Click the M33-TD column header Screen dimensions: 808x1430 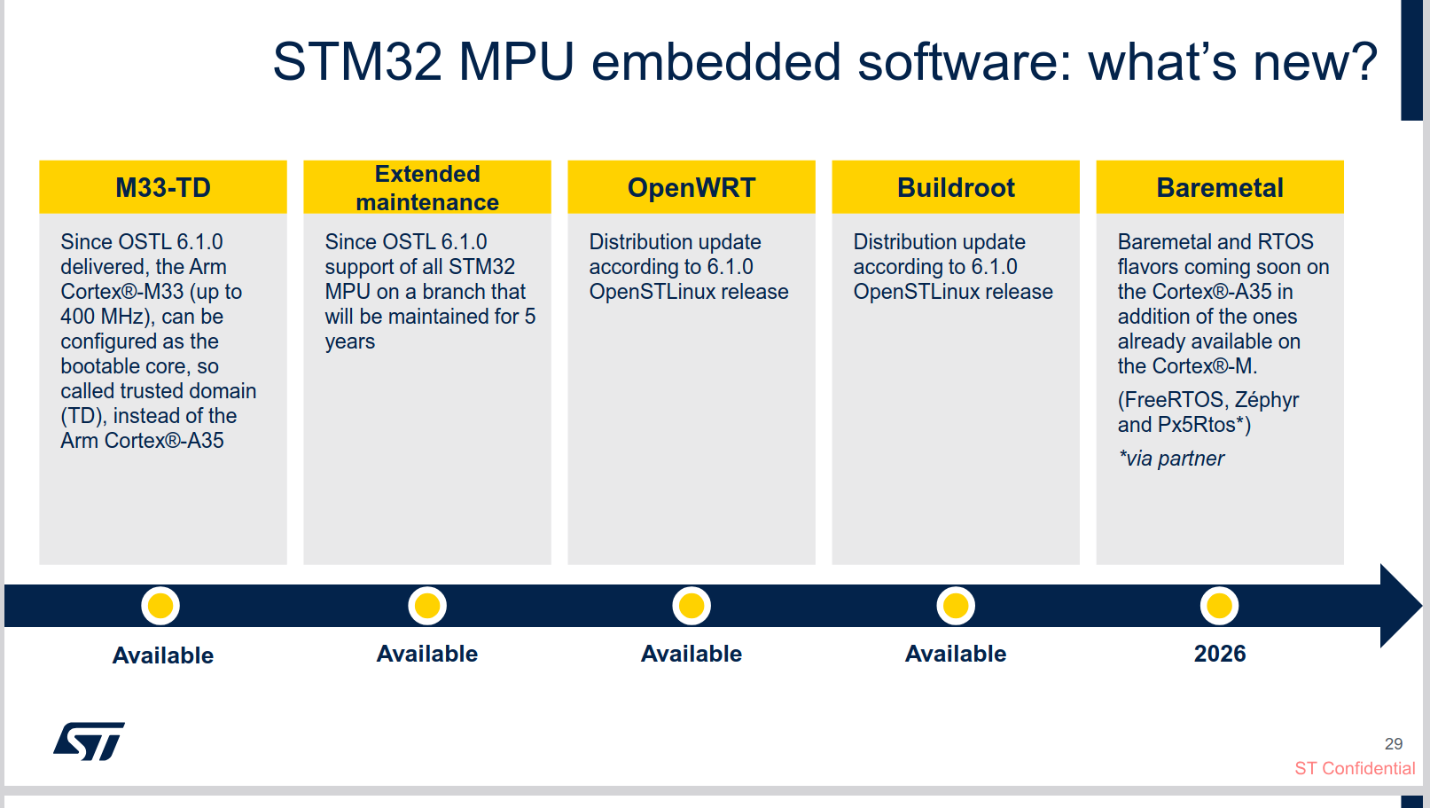[163, 187]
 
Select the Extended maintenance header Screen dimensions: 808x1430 [427, 187]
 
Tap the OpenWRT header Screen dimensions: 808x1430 [692, 187]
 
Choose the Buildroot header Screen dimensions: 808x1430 [956, 187]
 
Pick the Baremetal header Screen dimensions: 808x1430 [1220, 187]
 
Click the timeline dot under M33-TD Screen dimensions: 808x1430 [160, 606]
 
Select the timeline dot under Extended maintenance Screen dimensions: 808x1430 [427, 606]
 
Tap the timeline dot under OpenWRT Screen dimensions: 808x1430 [692, 606]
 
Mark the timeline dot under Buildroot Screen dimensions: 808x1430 [956, 606]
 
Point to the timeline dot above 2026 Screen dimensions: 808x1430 [1219, 606]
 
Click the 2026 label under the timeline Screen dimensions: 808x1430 [1220, 654]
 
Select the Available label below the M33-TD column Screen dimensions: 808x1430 [163, 655]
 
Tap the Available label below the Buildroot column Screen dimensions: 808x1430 [956, 654]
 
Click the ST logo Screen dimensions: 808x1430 [89, 741]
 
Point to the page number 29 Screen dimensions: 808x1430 [1394, 744]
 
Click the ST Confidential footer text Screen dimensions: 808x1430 [1355, 768]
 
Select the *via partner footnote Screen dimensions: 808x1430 [1171, 459]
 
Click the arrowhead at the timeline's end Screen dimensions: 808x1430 [1401, 606]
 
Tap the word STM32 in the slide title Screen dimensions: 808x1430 [357, 62]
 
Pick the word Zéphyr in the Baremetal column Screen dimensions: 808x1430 [1267, 400]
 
